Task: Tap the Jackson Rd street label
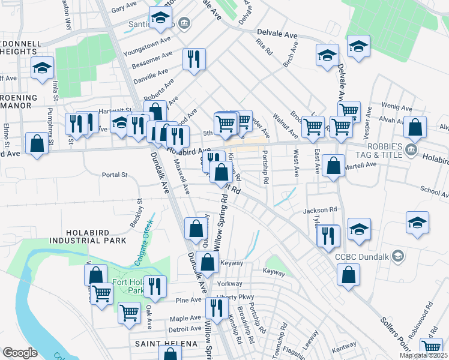coord(320,210)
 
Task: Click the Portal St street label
coord(115,175)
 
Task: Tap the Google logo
coord(20,353)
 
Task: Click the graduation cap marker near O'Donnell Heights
coord(43,68)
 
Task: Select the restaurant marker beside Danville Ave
coord(194,59)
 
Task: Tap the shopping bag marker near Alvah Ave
coord(415,127)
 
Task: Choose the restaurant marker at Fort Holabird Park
coord(154,286)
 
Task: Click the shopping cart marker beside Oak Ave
coord(129,312)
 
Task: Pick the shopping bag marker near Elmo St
coord(37,144)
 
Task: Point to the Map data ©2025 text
coord(422,355)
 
